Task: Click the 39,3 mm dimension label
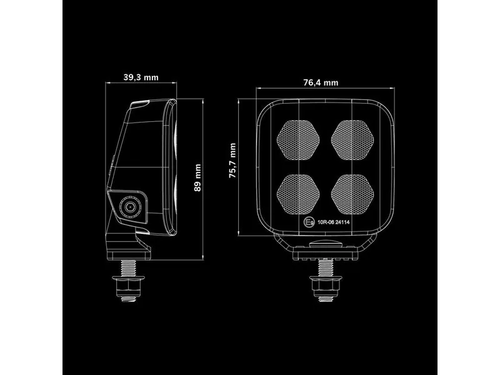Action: (141, 77)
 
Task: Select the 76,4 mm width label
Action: (321, 82)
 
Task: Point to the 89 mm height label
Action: (198, 177)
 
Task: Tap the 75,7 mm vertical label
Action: (232, 161)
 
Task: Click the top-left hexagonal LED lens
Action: (297, 138)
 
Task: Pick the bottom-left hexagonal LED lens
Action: (297, 191)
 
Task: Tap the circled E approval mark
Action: (307, 222)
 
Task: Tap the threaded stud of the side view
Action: (130, 269)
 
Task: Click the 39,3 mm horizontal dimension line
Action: (141, 86)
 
